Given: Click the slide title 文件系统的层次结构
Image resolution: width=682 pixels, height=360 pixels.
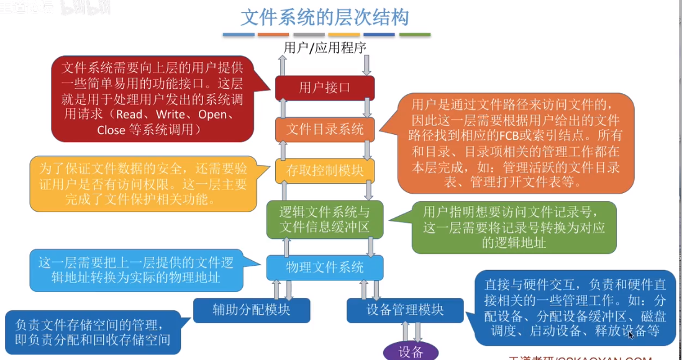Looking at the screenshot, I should [324, 16].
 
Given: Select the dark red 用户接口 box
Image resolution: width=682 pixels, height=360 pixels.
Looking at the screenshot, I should [324, 88].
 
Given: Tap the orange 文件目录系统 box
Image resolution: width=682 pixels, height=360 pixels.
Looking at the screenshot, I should [324, 129].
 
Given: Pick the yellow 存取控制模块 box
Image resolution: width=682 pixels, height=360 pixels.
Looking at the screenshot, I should [324, 171].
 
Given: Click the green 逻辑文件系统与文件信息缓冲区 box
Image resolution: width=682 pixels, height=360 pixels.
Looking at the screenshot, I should [324, 219].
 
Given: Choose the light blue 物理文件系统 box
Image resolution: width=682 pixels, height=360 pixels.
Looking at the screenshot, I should [324, 268].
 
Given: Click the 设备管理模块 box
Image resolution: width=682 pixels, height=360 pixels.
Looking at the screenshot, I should [404, 309].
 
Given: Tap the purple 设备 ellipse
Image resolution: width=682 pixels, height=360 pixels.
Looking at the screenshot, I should [411, 351].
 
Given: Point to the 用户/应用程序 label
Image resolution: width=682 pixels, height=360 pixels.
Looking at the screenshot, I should [324, 48].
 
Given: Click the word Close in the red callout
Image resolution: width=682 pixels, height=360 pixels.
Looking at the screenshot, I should [111, 130].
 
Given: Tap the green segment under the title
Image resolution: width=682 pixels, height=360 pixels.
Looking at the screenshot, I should [415, 35].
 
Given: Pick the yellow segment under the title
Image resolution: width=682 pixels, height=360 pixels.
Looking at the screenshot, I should [344, 35].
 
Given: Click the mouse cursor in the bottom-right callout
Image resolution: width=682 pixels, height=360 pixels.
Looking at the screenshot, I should [630, 335].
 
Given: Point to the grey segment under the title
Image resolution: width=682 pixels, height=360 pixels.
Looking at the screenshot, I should [309, 35].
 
